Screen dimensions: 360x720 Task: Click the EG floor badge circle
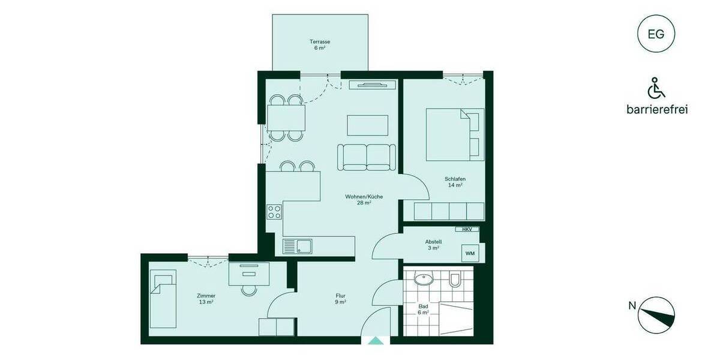click(x=656, y=34)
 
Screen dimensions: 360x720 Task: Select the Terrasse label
click(x=320, y=44)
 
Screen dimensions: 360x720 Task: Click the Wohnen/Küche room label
click(x=364, y=200)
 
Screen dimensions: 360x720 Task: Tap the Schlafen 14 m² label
click(x=455, y=182)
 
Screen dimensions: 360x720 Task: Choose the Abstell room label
click(x=434, y=244)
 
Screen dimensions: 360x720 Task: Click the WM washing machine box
click(x=470, y=253)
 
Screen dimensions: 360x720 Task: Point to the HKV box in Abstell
click(x=467, y=229)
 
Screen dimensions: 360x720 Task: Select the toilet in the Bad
click(x=455, y=280)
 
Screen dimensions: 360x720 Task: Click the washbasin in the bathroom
click(x=424, y=278)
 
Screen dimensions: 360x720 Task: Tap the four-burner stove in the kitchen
click(x=275, y=211)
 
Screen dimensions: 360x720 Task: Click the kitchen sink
click(x=297, y=245)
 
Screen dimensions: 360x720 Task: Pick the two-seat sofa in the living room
click(x=366, y=157)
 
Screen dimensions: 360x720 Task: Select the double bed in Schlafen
click(x=455, y=134)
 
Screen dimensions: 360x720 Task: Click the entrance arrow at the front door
click(x=376, y=340)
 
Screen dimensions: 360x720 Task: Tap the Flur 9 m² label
click(x=340, y=298)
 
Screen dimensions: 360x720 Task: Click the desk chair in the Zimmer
click(x=248, y=290)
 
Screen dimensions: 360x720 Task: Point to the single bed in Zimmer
click(x=163, y=299)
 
